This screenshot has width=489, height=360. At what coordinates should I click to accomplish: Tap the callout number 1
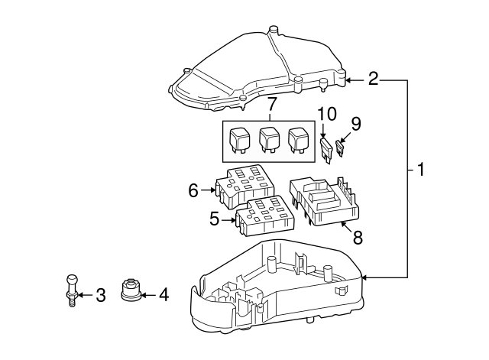pos(421,170)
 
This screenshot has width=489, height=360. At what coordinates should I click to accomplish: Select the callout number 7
pos(270,105)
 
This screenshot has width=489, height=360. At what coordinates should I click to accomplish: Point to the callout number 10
pos(326,114)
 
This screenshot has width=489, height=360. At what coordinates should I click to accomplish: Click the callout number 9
pos(355,124)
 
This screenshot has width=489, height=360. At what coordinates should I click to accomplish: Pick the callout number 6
pos(193,190)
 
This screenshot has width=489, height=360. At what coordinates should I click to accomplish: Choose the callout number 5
pos(214,219)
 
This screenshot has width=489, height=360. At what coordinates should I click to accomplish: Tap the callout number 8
pos(358,238)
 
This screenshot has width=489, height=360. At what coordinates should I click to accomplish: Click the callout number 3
pos(100,295)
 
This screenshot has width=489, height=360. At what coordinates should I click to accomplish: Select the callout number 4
pos(164,295)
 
